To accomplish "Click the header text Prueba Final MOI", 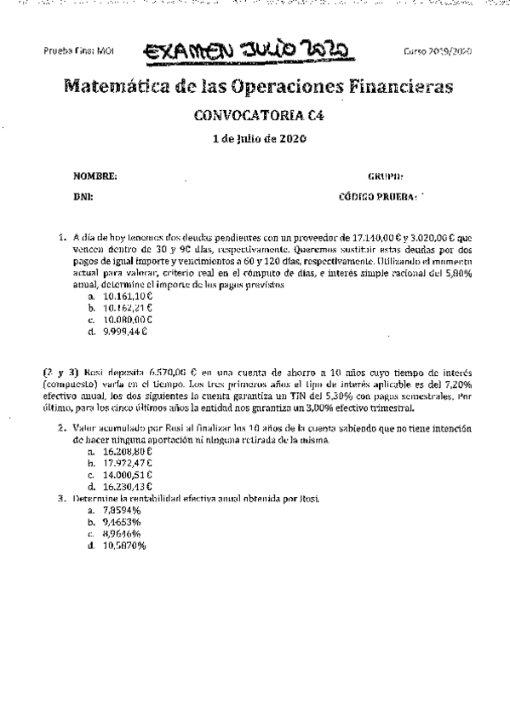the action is [77, 50].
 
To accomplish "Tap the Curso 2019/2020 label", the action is [438, 51].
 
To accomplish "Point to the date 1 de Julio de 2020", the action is [255, 140].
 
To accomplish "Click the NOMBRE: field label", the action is [95, 176].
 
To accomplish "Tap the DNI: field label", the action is [83, 197].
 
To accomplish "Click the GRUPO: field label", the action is [386, 176].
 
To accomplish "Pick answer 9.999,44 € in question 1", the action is [125, 331].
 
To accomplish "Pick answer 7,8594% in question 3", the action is [122, 509].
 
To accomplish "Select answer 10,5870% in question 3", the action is [124, 545].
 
